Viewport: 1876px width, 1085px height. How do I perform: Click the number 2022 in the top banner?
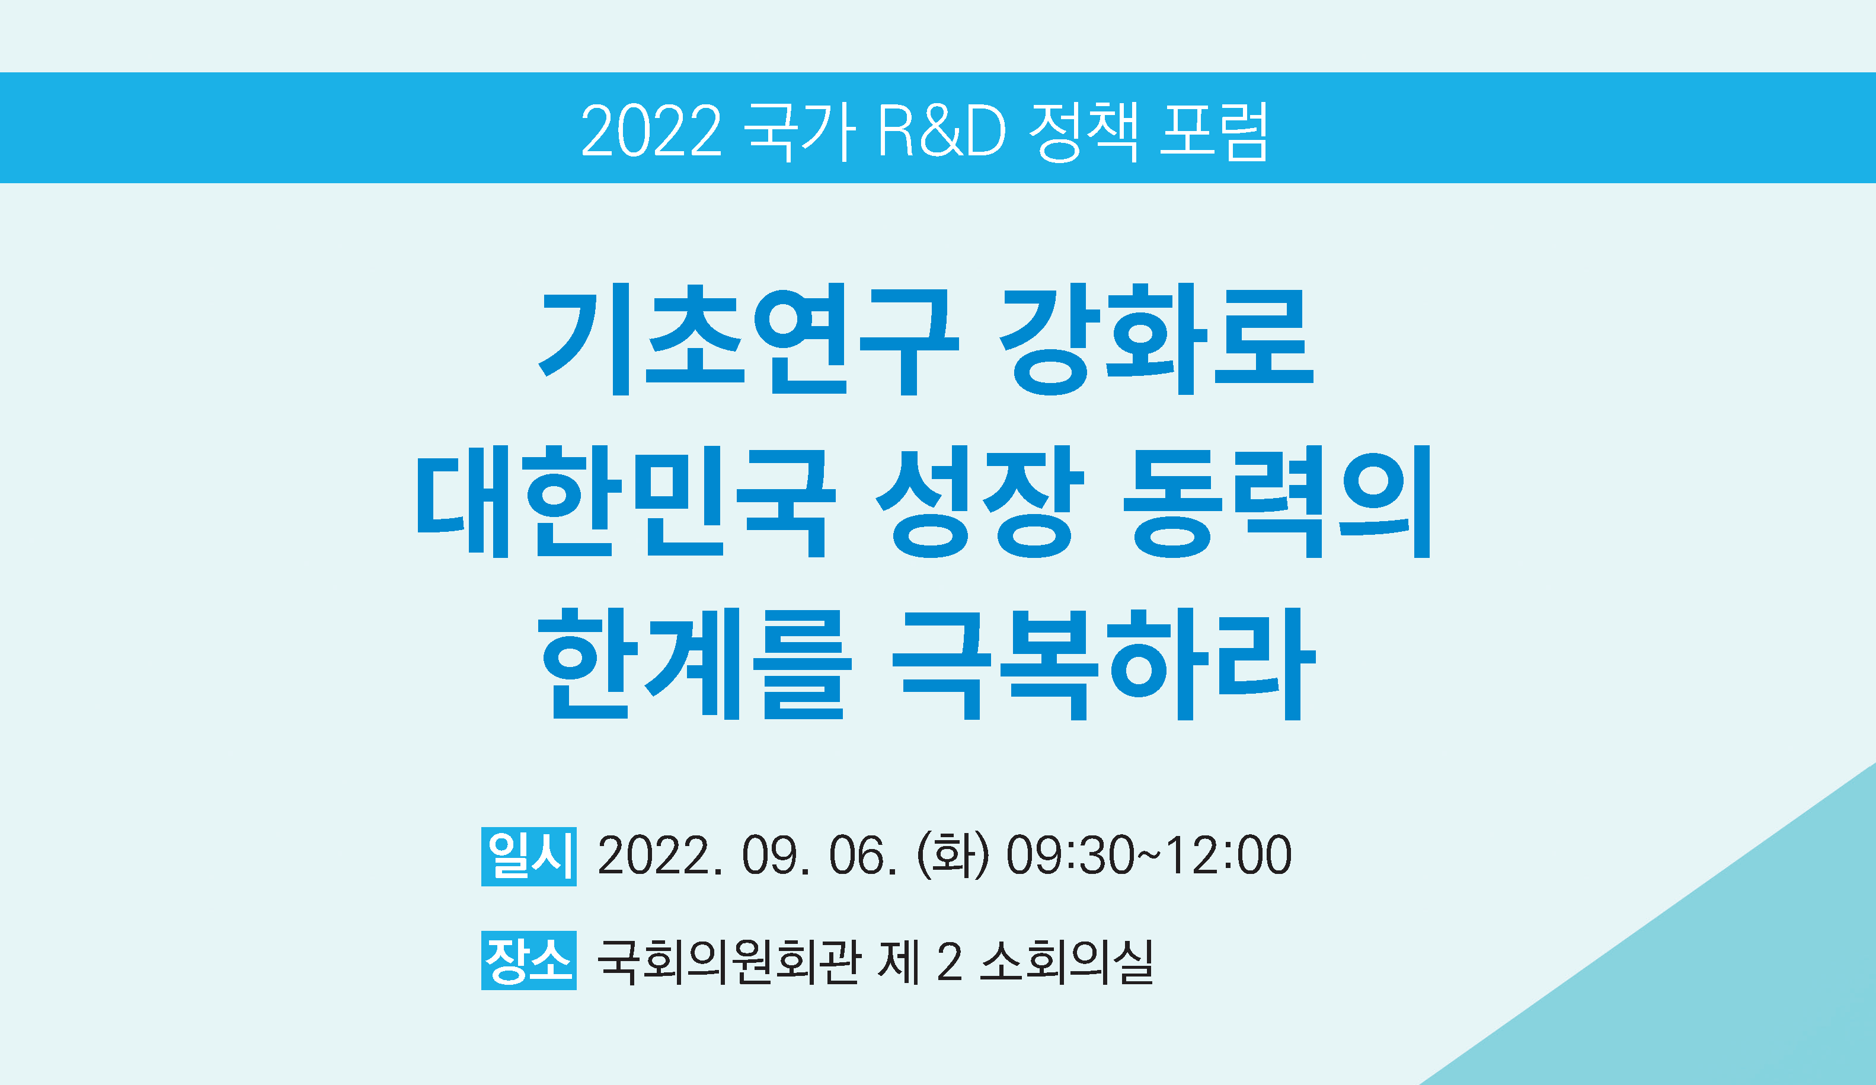click(651, 130)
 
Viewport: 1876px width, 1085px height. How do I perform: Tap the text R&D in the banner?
click(942, 130)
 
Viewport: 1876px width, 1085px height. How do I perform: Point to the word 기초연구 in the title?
click(747, 340)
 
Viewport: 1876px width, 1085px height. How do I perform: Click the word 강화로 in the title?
click(1156, 340)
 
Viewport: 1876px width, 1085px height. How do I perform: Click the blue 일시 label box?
click(529, 856)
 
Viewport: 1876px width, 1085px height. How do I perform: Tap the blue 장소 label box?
click(529, 960)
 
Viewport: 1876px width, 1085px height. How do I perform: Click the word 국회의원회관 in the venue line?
click(729, 962)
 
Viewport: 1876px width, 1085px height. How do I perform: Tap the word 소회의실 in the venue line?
click(1066, 962)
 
